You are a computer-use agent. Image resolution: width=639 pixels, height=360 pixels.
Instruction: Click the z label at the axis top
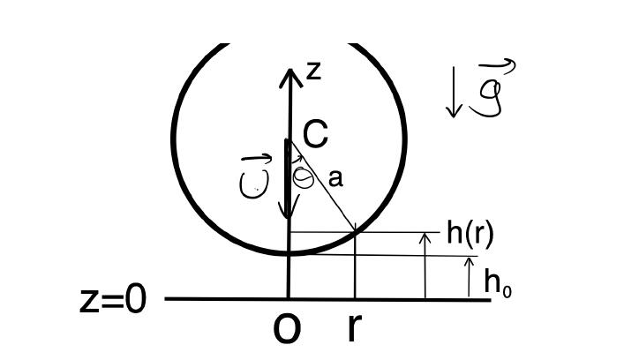click(312, 71)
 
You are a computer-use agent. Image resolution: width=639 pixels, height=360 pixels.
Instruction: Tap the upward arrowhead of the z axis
click(289, 77)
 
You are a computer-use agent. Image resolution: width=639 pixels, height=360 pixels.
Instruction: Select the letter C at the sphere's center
click(315, 134)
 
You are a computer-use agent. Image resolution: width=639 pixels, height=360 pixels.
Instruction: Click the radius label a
click(335, 178)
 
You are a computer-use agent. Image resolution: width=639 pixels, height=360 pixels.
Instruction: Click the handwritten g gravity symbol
click(489, 98)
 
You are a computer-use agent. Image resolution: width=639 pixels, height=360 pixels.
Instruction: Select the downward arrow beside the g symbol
click(454, 97)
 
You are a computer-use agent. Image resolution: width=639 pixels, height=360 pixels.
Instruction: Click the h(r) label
click(470, 233)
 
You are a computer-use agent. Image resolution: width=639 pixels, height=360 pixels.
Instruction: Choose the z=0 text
click(112, 300)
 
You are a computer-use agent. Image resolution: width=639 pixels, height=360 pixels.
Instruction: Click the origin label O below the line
click(287, 328)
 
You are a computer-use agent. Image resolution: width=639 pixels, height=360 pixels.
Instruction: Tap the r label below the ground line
click(353, 327)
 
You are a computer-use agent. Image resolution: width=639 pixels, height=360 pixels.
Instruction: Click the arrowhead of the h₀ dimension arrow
click(469, 260)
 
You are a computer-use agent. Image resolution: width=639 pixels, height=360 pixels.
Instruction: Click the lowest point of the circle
click(288, 254)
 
